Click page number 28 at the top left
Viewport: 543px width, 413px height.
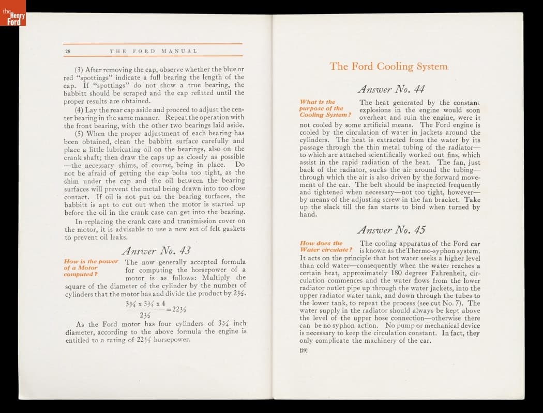click(68, 51)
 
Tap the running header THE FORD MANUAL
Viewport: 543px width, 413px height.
click(154, 51)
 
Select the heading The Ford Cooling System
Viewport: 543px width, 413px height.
click(389, 67)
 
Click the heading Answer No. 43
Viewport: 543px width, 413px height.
click(156, 251)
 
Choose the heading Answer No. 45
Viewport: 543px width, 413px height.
click(391, 230)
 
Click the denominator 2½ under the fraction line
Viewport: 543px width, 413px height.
click(146, 315)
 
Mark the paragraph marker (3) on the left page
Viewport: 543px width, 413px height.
click(80, 70)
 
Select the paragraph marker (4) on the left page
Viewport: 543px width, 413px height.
click(80, 109)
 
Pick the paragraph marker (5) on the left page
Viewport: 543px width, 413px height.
click(80, 133)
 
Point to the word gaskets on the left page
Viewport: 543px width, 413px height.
click(231, 229)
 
